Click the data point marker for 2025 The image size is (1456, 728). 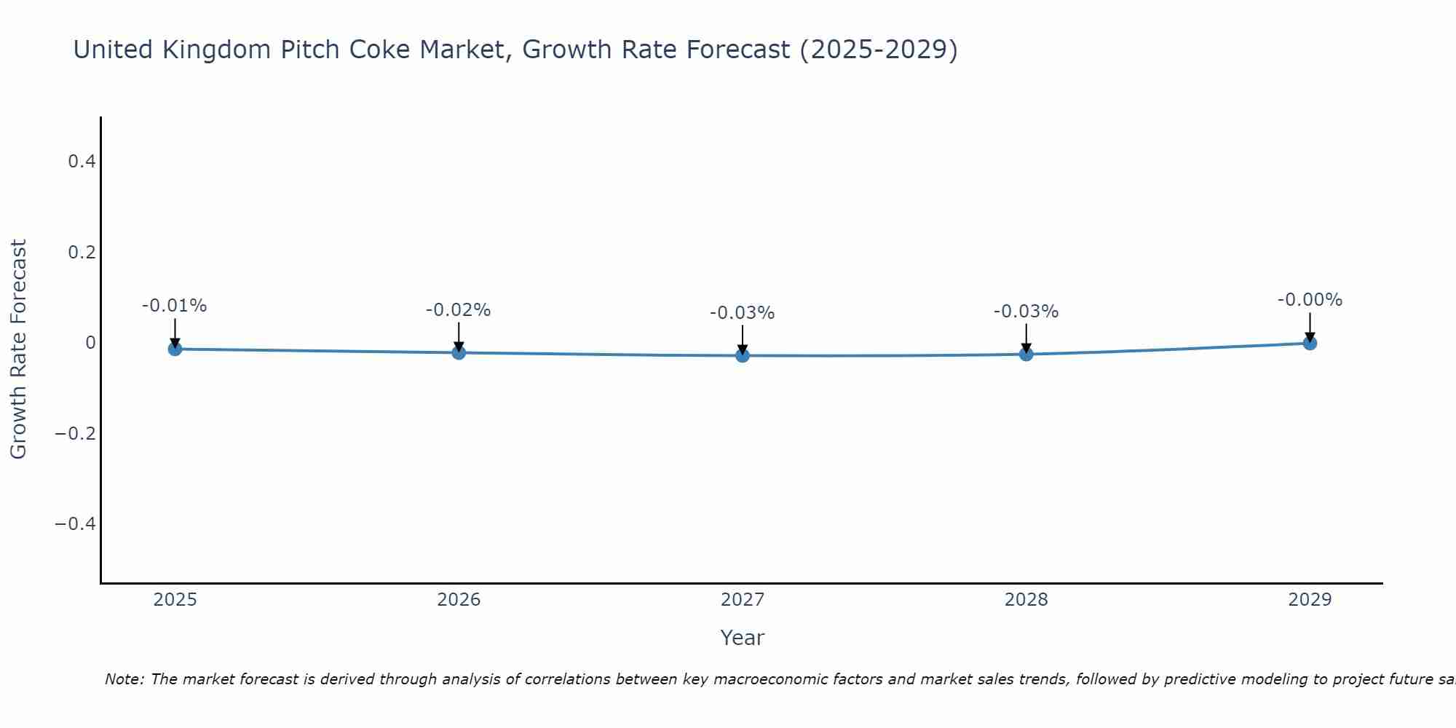(x=175, y=349)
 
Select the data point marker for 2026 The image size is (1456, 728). (x=459, y=352)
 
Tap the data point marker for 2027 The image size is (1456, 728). (x=743, y=355)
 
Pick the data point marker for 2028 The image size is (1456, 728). (x=1026, y=354)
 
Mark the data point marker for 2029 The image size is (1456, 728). (x=1310, y=343)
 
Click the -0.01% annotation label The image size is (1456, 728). (x=174, y=306)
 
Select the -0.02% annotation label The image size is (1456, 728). (x=458, y=310)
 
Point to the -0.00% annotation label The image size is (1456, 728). (x=1310, y=300)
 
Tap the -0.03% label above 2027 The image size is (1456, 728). (x=742, y=313)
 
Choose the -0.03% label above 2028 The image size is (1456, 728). (x=1026, y=312)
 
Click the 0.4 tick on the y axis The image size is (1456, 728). (x=82, y=162)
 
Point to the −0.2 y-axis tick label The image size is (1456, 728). (x=75, y=434)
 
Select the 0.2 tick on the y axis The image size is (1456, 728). (x=82, y=253)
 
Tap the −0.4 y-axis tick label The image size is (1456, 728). (x=75, y=524)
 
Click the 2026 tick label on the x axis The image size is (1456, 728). (x=459, y=600)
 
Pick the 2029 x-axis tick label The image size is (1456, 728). (x=1310, y=600)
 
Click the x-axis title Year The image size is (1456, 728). (x=742, y=638)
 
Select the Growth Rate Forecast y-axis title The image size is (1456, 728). (x=18, y=349)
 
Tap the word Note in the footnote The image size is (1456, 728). (x=124, y=679)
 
